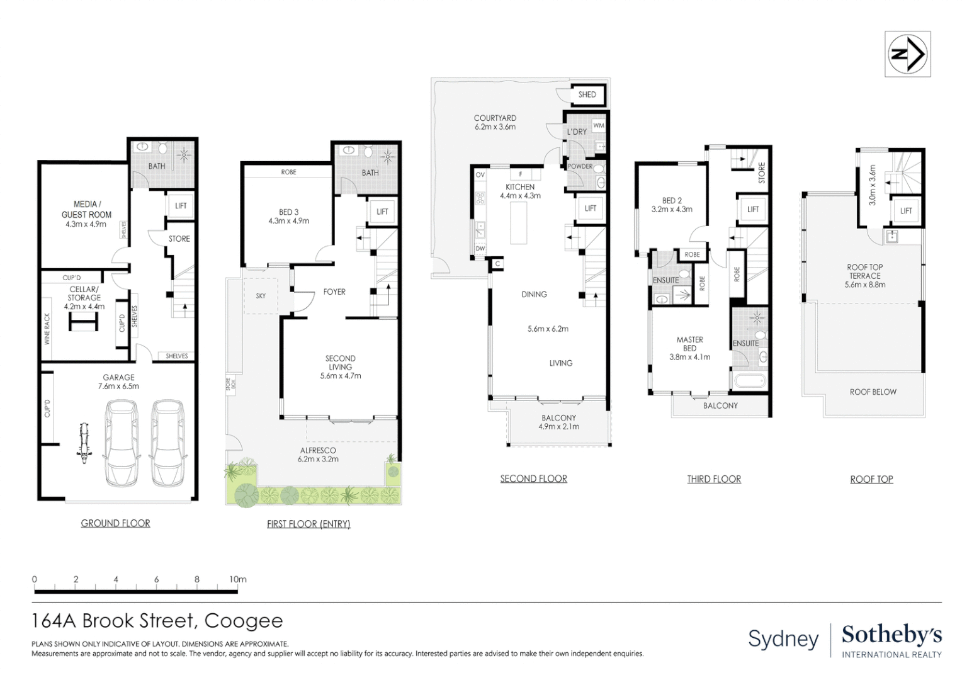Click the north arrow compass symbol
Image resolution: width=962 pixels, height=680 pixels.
point(907,54)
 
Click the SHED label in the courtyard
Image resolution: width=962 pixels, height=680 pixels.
point(587,94)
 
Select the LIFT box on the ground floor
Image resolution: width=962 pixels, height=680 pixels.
point(181,206)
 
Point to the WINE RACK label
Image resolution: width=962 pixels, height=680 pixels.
point(47,329)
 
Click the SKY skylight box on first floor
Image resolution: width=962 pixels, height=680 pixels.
point(261,295)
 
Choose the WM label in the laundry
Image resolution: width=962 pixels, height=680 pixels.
point(598,125)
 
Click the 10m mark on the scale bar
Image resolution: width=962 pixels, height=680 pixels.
point(237,579)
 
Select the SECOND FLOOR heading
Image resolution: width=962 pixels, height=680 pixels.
point(533,479)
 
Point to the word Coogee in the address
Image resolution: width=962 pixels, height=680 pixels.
point(244,621)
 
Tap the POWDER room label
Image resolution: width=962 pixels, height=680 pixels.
point(580,166)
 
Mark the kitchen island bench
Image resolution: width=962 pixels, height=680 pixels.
point(518,224)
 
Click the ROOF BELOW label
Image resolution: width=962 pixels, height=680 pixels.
point(873,392)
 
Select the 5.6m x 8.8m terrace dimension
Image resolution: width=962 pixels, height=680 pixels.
point(864,285)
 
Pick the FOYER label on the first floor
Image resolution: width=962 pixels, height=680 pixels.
point(334,292)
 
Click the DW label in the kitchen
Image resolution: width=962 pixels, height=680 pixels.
point(480,249)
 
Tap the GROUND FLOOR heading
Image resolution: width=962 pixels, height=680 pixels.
point(115,523)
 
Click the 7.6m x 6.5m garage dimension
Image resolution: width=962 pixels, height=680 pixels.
point(118,386)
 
